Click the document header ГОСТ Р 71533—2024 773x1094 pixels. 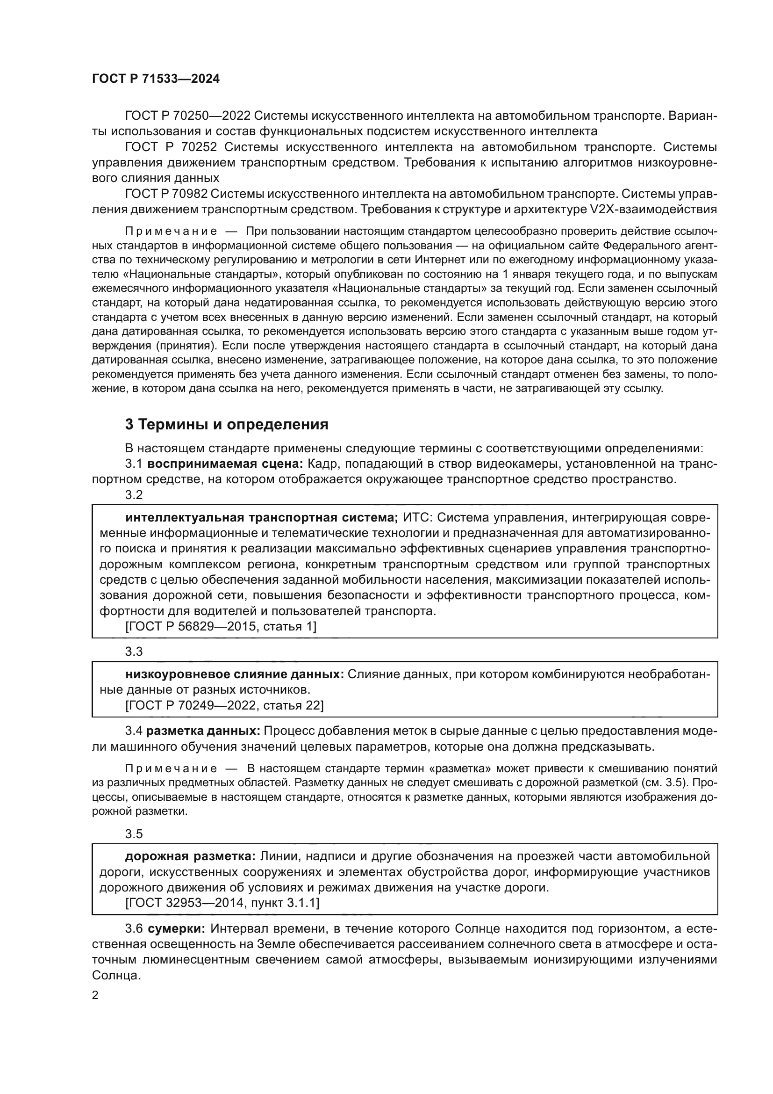(x=156, y=79)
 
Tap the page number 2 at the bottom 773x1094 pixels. (x=95, y=995)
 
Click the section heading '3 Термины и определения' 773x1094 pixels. (x=227, y=424)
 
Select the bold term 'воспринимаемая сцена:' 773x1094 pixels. (x=225, y=464)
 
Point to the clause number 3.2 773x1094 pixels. (x=134, y=494)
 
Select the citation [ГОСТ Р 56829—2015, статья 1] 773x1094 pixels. (x=221, y=626)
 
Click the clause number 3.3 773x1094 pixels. (x=134, y=652)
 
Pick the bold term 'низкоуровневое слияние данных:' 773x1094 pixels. (x=234, y=674)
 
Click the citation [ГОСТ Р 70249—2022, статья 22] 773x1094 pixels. (x=224, y=705)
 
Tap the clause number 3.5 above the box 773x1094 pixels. (x=134, y=834)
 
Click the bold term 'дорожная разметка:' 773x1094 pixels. (x=190, y=856)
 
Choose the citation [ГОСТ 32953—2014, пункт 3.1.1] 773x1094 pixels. (x=222, y=903)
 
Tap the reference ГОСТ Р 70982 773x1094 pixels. (x=166, y=194)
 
